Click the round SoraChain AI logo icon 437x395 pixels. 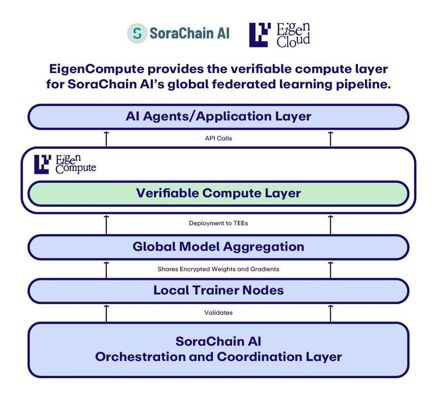coord(137,33)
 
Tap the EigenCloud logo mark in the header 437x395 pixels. coord(260,35)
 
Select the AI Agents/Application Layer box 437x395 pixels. coord(218,117)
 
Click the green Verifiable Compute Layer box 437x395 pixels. coord(218,193)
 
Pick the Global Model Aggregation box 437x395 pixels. coord(218,246)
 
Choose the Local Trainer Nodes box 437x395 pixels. coord(218,290)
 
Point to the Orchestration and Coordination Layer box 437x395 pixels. coord(218,349)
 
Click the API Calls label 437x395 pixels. coord(218,138)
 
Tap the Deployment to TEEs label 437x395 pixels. coord(218,223)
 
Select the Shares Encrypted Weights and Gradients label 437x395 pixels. coord(218,269)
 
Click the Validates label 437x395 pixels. coord(218,313)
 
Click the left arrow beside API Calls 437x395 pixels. coord(106,138)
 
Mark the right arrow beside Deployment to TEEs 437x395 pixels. coord(331,224)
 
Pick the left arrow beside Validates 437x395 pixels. coord(106,313)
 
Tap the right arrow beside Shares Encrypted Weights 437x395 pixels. coord(331,269)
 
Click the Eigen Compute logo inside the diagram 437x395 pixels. coord(65,164)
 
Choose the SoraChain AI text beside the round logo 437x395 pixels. coord(189,33)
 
